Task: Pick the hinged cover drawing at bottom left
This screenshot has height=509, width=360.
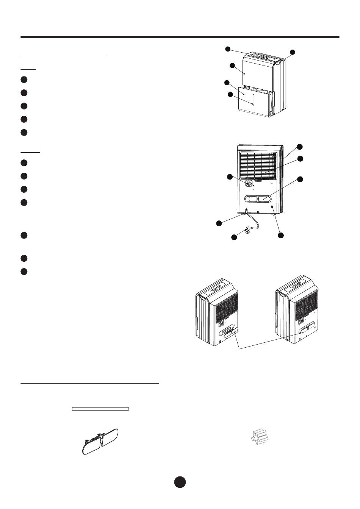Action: [x=100, y=441]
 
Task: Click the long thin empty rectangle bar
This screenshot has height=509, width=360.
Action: [x=100, y=409]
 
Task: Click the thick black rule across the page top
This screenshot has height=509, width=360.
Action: [x=180, y=37]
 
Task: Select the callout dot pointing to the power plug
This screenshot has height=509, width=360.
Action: [x=234, y=237]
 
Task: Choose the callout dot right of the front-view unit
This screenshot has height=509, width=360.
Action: [x=292, y=52]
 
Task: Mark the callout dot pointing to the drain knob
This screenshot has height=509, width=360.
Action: [x=229, y=177]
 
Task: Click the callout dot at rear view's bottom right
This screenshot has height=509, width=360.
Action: [x=281, y=236]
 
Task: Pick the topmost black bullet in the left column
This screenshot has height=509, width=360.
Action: [x=23, y=80]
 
